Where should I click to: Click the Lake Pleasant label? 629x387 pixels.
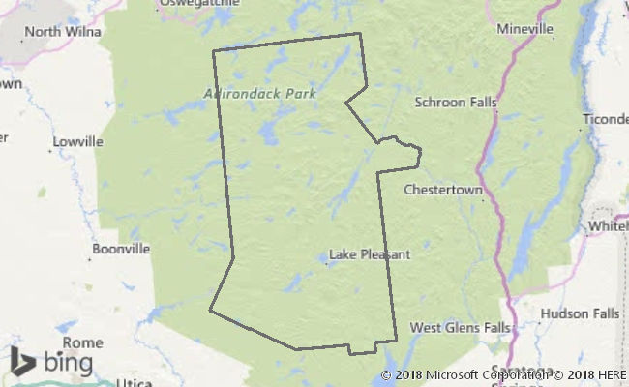tap(370, 255)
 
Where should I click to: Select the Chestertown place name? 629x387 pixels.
tap(443, 190)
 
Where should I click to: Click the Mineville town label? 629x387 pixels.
tap(525, 29)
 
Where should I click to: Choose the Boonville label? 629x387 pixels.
tap(121, 249)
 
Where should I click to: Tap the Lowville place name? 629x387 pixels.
tap(78, 141)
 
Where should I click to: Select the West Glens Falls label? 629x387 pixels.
tap(459, 328)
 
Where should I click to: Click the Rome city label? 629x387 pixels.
tap(82, 342)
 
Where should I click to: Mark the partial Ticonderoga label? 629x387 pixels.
tap(605, 120)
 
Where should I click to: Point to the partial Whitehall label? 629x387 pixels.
tap(608, 226)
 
